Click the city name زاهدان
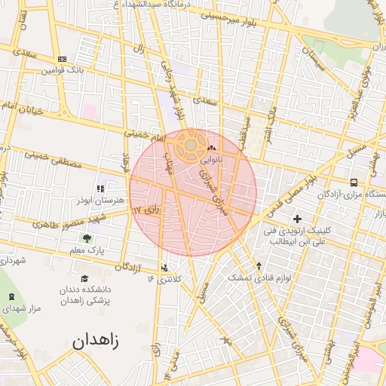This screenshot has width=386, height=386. click(96, 341)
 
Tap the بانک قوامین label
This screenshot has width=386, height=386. click(60, 69)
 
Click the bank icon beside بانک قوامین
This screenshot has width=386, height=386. click(62, 59)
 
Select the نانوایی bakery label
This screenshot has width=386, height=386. click(211, 160)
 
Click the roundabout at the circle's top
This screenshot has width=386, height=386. click(191, 143)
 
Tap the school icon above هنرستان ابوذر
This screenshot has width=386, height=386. click(100, 189)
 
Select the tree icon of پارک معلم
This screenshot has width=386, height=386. click(87, 238)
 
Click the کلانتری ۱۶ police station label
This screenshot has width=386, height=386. click(165, 279)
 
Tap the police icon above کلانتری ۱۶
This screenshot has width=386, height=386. click(165, 268)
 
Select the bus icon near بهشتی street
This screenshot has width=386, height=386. click(354, 182)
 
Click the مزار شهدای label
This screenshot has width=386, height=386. click(23, 308)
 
